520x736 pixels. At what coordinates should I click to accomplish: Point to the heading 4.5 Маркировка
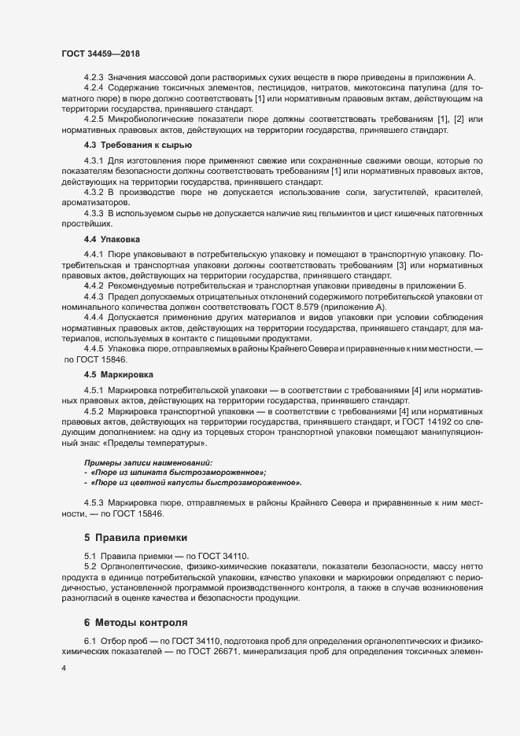(118, 374)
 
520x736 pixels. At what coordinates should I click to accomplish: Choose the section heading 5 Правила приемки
(135, 538)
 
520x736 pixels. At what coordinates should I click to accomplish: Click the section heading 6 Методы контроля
(135, 621)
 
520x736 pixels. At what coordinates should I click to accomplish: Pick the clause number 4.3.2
(94, 193)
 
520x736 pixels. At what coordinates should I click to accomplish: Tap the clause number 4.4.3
(94, 297)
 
